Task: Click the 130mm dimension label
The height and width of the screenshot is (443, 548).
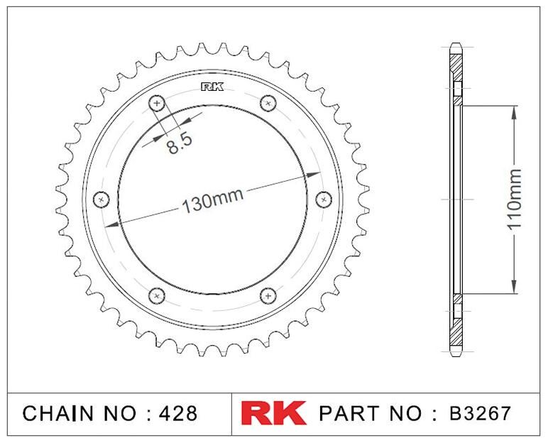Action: tap(212, 201)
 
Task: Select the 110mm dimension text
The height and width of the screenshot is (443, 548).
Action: tap(514, 199)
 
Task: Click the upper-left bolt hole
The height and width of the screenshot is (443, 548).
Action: tap(157, 103)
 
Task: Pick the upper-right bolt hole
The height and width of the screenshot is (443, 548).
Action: tap(268, 103)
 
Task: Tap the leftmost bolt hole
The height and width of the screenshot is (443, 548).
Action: tap(102, 199)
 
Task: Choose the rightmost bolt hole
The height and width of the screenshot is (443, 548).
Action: tap(324, 199)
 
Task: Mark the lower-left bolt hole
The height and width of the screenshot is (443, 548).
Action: tap(157, 296)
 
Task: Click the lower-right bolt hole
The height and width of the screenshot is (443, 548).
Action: tap(268, 296)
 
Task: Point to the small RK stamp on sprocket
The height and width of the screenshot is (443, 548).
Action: tap(212, 87)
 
